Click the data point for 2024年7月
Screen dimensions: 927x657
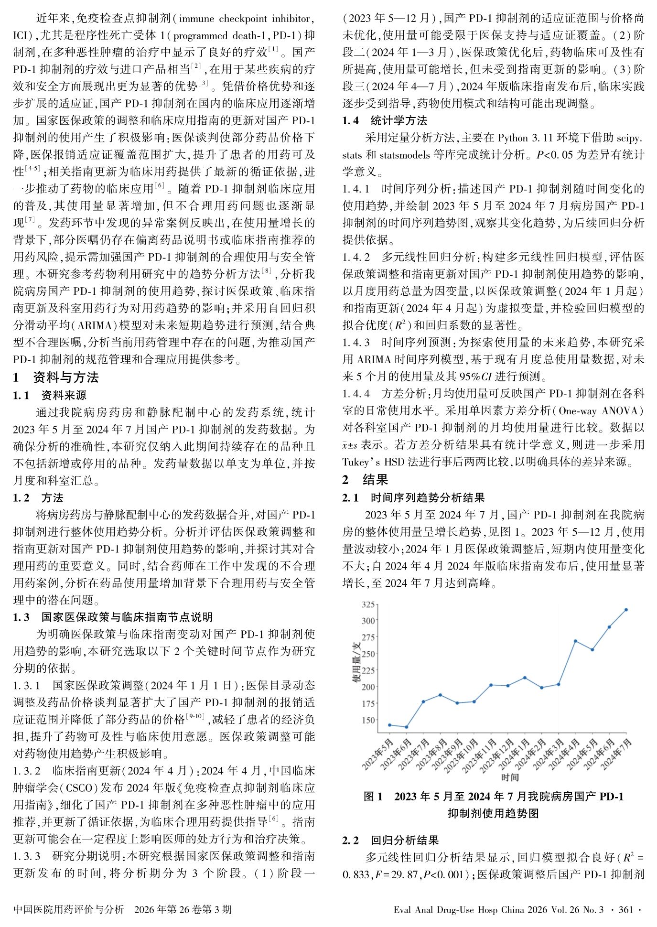tap(626, 610)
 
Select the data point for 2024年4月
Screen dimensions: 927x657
tap(575, 641)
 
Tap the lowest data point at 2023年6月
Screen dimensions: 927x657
tap(407, 727)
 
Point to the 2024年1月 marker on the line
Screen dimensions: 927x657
tap(525, 678)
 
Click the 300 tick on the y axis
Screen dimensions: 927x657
tap(368, 620)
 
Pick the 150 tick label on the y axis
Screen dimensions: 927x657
tap(368, 720)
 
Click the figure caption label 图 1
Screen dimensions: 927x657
tap(373, 797)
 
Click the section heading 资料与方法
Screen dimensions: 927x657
tap(66, 377)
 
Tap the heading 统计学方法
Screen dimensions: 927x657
tap(399, 120)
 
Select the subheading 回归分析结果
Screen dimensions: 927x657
tap(405, 840)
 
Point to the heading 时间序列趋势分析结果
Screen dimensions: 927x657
tap(428, 497)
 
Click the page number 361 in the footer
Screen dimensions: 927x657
tap(625, 909)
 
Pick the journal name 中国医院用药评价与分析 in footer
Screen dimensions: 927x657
tap(68, 909)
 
